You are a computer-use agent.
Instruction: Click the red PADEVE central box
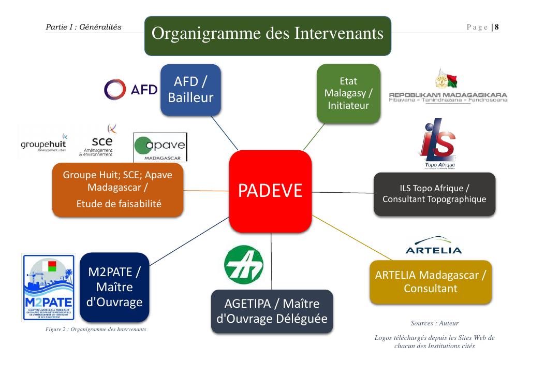pos(270,191)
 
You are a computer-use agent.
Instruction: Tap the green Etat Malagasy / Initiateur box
pos(348,93)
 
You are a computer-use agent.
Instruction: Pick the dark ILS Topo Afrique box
pos(434,193)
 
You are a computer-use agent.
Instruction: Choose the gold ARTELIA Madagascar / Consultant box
pos(431,281)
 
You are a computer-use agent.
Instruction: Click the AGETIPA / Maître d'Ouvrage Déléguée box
pos(271,311)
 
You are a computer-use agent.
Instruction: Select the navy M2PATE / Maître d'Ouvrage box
pos(115,287)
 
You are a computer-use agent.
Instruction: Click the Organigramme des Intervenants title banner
pos(267,35)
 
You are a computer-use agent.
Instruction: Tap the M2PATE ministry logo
pos(48,288)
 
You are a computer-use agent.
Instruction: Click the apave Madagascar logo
pos(160,147)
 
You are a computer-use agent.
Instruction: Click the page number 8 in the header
pos(496,27)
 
